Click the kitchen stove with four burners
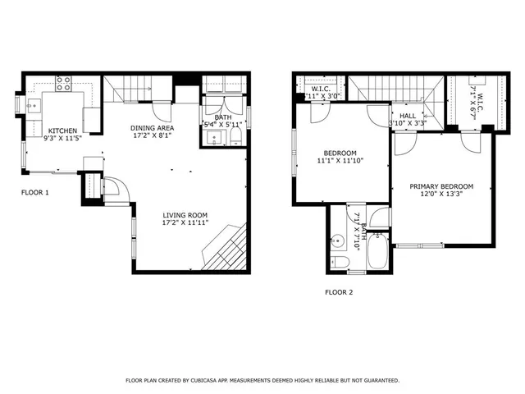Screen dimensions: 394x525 click(64, 83)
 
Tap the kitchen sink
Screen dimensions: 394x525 click(34, 105)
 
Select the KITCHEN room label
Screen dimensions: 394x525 click(62, 131)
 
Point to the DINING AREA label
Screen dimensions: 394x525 click(153, 128)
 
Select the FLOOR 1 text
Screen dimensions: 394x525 click(35, 193)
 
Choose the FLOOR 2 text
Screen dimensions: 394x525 click(339, 291)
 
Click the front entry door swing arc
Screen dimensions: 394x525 click(117, 189)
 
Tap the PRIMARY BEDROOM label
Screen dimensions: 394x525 click(443, 186)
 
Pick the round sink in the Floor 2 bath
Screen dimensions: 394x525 click(340, 242)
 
